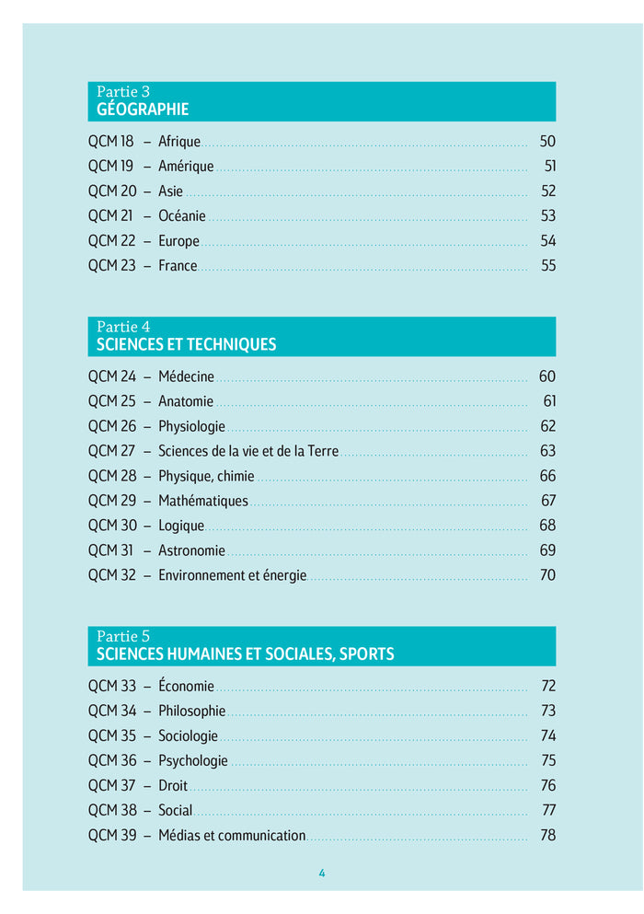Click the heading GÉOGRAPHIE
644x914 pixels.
coord(143,110)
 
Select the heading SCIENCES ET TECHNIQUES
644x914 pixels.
coord(186,345)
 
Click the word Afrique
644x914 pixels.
coord(179,142)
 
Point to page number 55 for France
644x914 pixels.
coord(548,266)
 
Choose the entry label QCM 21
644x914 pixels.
coord(110,216)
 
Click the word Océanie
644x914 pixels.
coord(182,216)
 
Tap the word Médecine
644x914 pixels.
coord(186,376)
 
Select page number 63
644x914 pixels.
coord(548,451)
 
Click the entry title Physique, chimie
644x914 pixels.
coord(206,476)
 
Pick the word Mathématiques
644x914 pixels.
coord(203,501)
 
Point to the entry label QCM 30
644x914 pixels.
coord(112,526)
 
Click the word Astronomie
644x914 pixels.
coord(191,550)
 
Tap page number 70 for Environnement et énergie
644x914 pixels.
coord(547,575)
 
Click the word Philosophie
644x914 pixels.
coord(191,711)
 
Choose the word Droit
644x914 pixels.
coord(173,785)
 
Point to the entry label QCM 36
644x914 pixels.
coord(112,760)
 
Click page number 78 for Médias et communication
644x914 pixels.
coord(548,835)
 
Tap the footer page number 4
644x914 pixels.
coord(322,874)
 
